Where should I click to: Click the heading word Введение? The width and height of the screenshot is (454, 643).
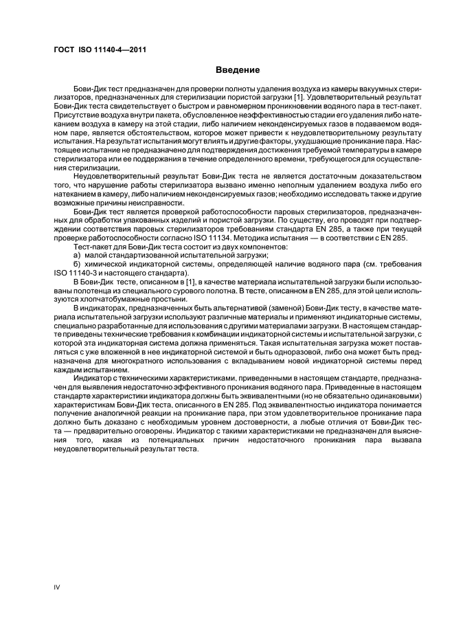tap(238, 70)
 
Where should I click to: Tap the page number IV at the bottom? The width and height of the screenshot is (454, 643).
tap(57, 586)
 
